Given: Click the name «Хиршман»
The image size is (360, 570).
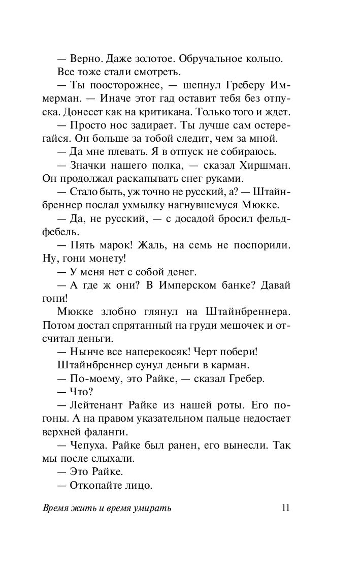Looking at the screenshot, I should coord(267,165).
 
